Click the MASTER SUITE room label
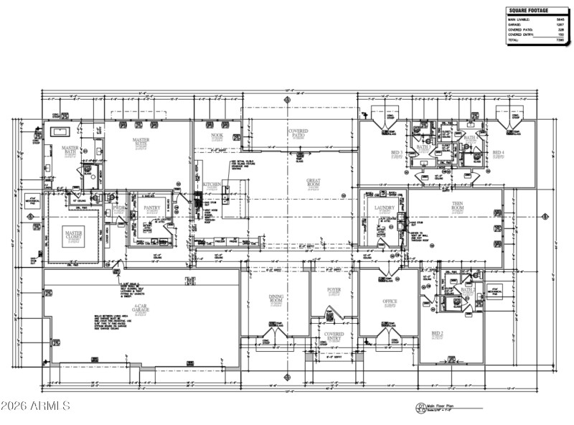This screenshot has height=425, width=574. (x=141, y=142)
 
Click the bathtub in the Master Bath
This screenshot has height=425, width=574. (x=60, y=133)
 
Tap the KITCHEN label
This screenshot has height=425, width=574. (x=212, y=185)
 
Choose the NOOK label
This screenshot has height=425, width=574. (x=217, y=135)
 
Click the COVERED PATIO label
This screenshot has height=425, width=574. (x=298, y=134)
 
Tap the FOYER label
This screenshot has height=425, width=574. (x=334, y=290)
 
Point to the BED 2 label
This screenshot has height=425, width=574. (x=438, y=334)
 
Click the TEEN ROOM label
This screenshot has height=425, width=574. (x=456, y=207)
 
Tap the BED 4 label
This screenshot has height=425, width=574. (x=498, y=153)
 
